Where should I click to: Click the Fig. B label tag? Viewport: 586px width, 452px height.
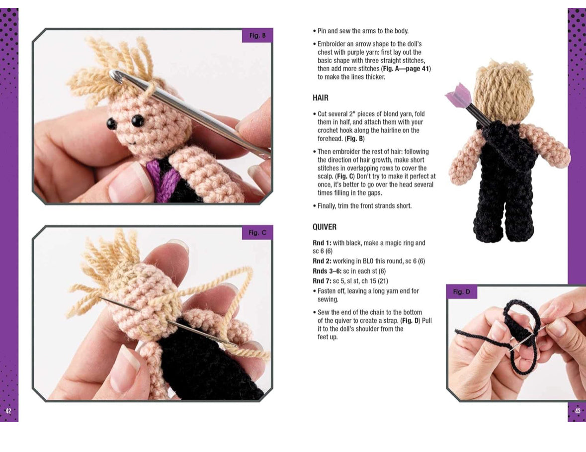(x=257, y=35)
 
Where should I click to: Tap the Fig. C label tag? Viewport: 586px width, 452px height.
(x=257, y=233)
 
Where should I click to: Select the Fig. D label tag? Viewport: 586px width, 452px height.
(x=462, y=291)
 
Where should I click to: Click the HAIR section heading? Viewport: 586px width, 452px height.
(x=321, y=98)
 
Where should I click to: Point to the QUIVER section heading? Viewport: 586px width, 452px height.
(x=325, y=227)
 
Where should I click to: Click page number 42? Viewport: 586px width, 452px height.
(x=8, y=411)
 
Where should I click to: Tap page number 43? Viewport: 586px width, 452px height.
(x=578, y=411)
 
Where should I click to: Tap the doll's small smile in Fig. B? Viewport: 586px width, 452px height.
(x=131, y=142)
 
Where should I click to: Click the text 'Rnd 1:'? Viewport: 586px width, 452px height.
(x=322, y=243)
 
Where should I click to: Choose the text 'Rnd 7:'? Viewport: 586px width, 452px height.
(x=322, y=281)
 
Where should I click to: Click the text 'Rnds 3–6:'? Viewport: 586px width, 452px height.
(x=327, y=271)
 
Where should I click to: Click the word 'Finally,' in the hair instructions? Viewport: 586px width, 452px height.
(x=327, y=206)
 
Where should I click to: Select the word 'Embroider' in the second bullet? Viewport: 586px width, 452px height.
(x=331, y=44)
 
